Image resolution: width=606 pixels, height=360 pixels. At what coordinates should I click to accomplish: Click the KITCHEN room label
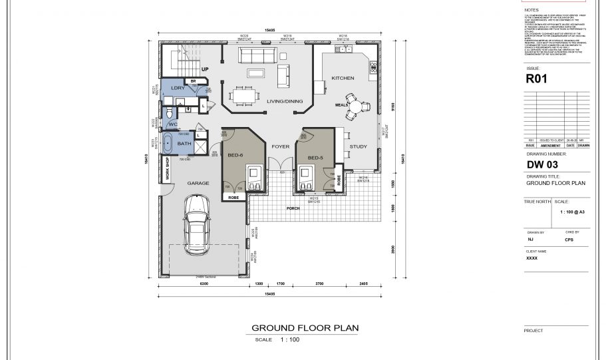pyautogui.click(x=343, y=79)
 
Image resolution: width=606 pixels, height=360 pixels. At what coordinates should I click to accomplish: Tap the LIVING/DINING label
pyautogui.click(x=281, y=101)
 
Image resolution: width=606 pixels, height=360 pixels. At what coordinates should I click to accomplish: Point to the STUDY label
pyautogui.click(x=359, y=146)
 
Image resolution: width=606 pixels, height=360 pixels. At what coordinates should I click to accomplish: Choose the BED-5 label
pyautogui.click(x=315, y=158)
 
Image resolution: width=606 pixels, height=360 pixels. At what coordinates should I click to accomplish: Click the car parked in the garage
pyautogui.click(x=198, y=224)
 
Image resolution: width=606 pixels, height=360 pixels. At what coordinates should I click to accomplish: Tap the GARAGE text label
pyautogui.click(x=198, y=183)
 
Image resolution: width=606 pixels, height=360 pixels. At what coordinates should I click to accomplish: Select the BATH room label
pyautogui.click(x=184, y=143)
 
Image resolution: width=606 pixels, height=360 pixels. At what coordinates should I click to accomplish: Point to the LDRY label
pyautogui.click(x=178, y=88)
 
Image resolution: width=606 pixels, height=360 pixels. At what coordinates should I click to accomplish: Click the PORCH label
pyautogui.click(x=293, y=208)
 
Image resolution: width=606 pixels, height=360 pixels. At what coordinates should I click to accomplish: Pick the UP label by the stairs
pyautogui.click(x=205, y=69)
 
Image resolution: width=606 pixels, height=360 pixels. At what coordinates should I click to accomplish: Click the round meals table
pyautogui.click(x=357, y=106)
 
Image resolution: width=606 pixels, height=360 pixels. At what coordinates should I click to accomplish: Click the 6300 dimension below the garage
pyautogui.click(x=204, y=284)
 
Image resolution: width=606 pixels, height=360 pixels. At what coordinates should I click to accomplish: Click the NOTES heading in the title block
pyautogui.click(x=532, y=10)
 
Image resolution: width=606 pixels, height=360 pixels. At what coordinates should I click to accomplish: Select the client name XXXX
pyautogui.click(x=531, y=258)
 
